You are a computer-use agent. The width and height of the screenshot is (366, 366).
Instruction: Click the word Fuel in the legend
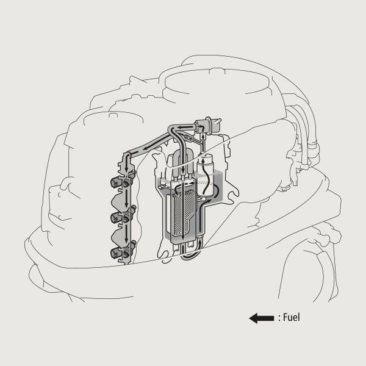pos(292,317)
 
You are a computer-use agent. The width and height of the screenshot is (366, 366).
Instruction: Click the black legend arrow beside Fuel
pos(262,318)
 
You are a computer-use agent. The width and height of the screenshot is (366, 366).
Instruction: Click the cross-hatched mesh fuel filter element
pos(183,211)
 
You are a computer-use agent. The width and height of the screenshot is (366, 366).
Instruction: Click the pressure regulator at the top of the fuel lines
pos(207,127)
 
